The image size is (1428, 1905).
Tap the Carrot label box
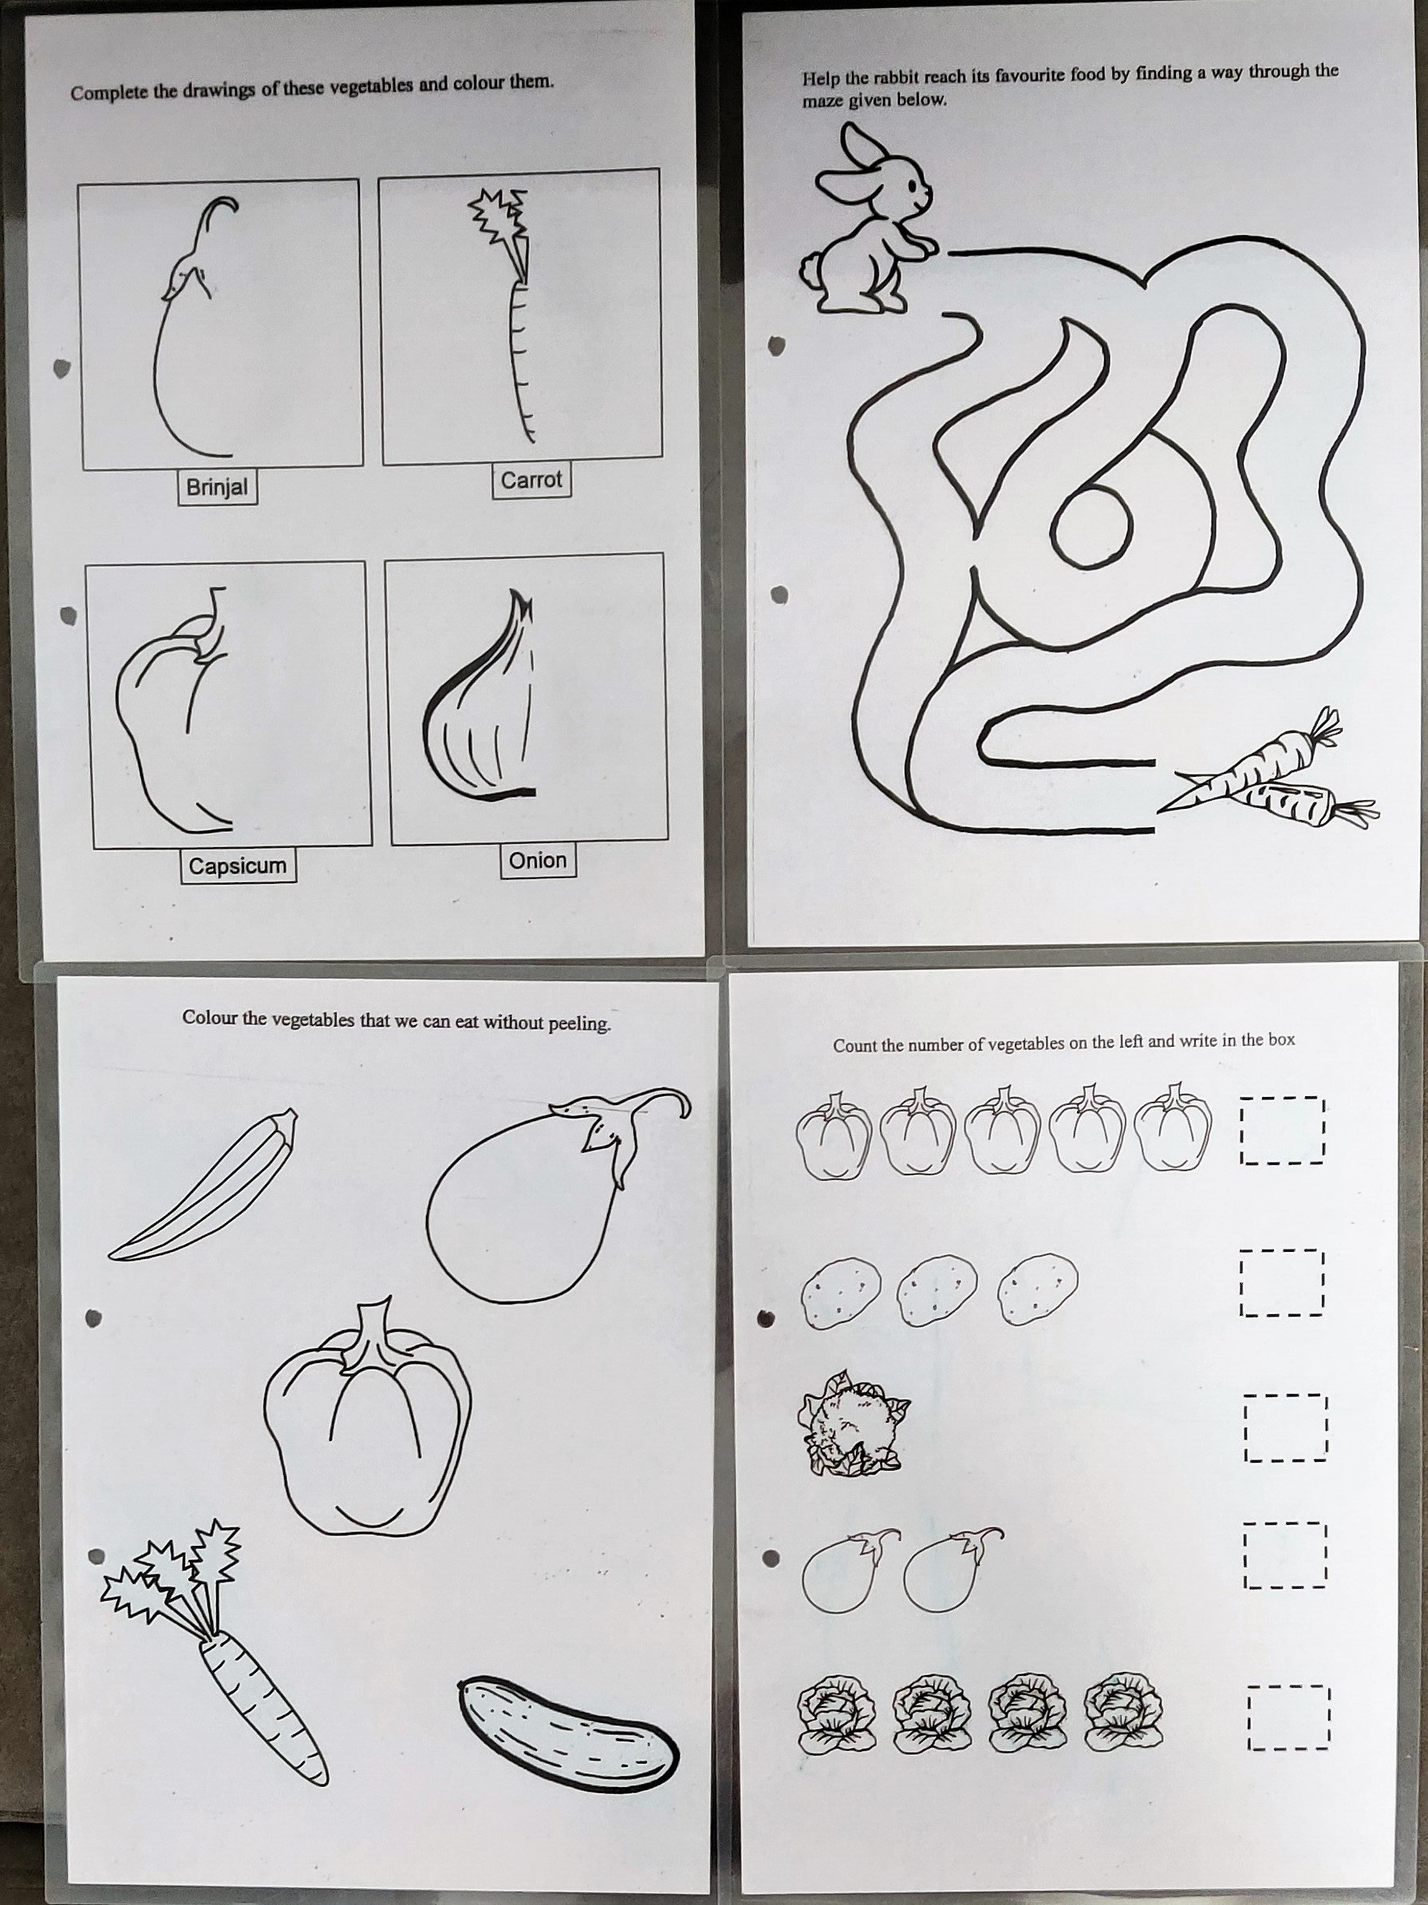click(531, 480)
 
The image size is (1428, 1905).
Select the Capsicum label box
click(238, 865)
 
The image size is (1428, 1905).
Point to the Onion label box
click(537, 861)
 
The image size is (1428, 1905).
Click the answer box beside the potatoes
click(1280, 1283)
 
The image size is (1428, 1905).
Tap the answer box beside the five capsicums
click(1280, 1130)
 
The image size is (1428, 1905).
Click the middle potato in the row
click(937, 1289)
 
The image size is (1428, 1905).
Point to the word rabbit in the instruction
click(901, 77)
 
